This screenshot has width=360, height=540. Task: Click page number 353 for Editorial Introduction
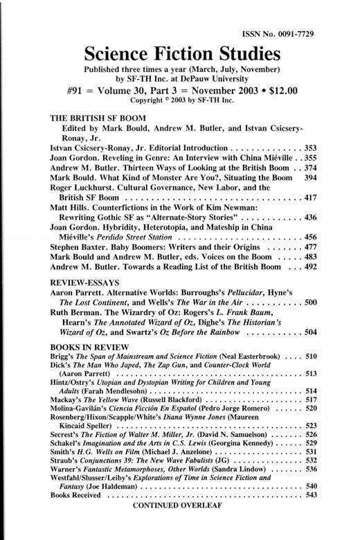[x=309, y=149]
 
